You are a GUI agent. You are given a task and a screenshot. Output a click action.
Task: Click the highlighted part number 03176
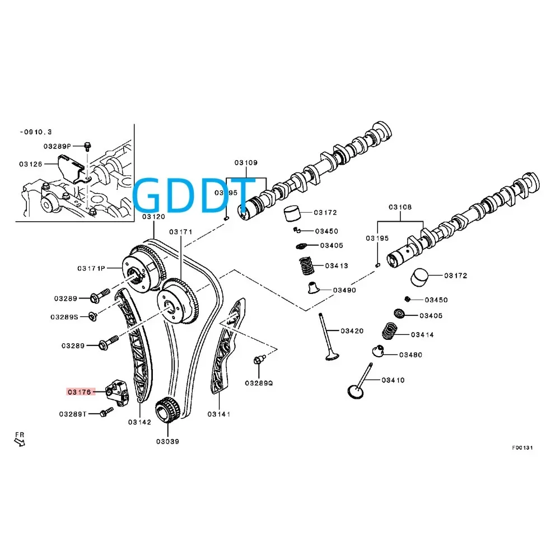pyautogui.click(x=79, y=392)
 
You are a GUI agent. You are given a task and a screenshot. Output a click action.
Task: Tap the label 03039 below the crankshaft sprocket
pyautogui.click(x=167, y=441)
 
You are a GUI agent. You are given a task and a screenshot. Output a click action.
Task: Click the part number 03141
pyautogui.click(x=218, y=414)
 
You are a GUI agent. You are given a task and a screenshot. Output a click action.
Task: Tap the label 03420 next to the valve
pyautogui.click(x=352, y=331)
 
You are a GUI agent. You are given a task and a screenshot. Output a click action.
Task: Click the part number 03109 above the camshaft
pyautogui.click(x=246, y=162)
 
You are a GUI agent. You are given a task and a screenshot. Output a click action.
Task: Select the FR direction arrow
pyautogui.click(x=20, y=442)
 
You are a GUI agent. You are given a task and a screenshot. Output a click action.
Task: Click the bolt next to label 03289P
pyautogui.click(x=87, y=146)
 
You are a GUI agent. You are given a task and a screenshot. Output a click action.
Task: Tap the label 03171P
pyautogui.click(x=91, y=268)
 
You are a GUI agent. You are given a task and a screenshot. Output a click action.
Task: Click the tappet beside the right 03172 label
pyautogui.click(x=423, y=276)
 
